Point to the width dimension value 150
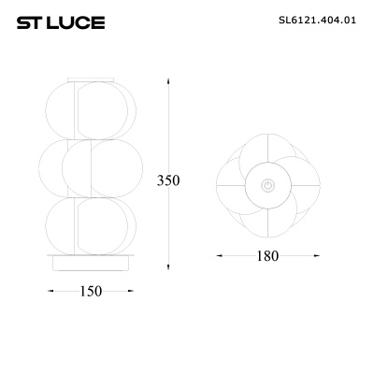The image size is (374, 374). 90,291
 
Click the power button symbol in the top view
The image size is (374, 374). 268,185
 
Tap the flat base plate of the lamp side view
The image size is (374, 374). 91,262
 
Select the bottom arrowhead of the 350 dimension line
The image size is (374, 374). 168,265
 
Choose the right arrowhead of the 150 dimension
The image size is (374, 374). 133,291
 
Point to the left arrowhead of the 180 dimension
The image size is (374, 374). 218,255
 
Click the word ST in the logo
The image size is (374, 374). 27,21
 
